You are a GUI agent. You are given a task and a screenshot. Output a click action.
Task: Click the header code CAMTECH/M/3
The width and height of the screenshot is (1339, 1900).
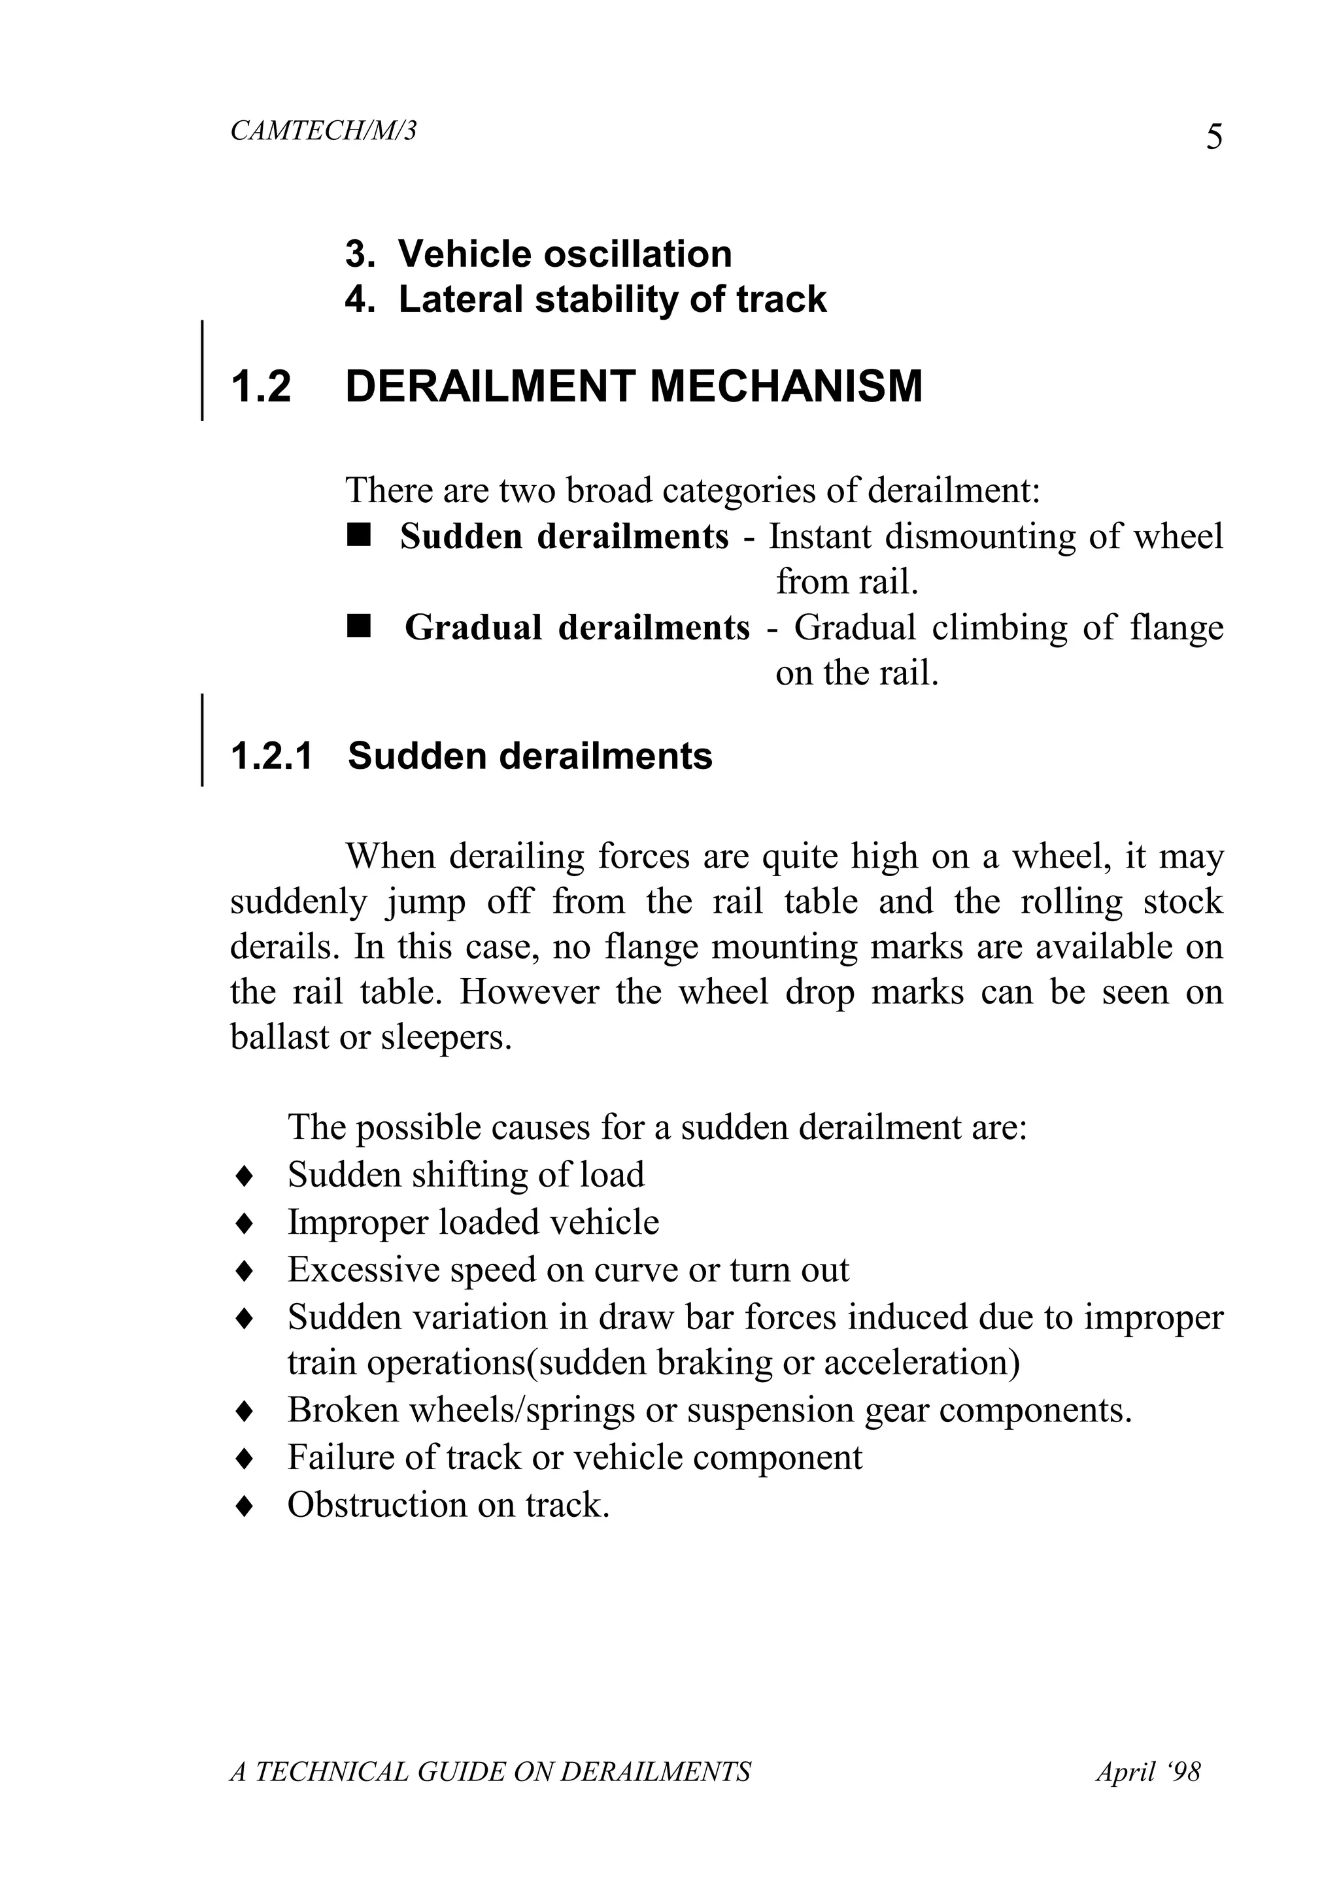tap(323, 131)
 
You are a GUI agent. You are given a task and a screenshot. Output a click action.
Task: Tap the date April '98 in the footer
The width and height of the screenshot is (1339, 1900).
tap(1148, 1771)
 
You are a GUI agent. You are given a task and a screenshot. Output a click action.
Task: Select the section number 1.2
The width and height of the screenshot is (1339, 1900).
tap(262, 386)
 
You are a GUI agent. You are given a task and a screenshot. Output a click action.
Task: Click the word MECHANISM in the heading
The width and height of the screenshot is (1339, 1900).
tap(785, 386)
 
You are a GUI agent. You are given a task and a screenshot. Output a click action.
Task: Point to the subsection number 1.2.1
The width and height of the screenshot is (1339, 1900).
tap(271, 756)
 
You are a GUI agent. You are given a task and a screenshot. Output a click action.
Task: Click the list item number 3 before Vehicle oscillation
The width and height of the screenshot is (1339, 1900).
tap(357, 254)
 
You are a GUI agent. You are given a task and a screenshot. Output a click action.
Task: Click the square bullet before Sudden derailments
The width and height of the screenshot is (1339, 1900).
tap(359, 536)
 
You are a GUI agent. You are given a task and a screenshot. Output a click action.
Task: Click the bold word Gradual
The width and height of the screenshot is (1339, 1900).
tap(473, 628)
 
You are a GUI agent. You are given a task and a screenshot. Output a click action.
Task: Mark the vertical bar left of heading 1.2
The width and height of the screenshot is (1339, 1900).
tap(203, 371)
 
